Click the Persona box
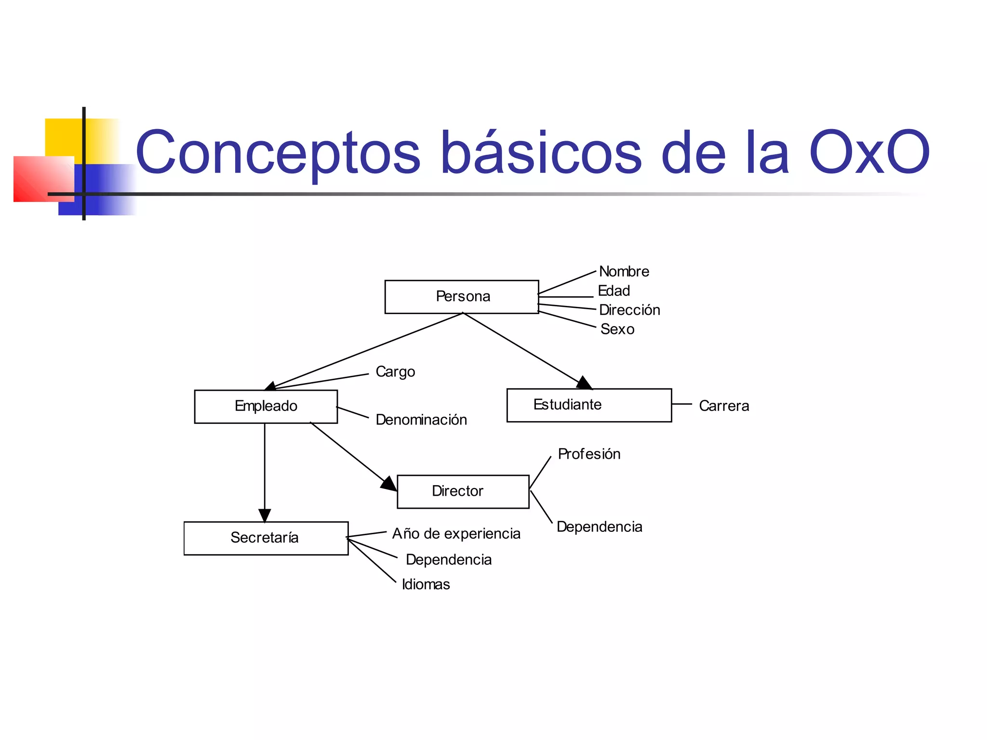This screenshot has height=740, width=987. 461,297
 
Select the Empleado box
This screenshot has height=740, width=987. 266,406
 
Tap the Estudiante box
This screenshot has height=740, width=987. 588,405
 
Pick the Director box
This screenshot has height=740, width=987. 463,491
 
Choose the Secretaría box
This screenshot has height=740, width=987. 266,538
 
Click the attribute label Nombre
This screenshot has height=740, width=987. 624,272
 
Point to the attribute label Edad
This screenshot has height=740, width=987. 614,291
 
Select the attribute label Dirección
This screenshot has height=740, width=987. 629,310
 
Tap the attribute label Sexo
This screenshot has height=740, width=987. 617,330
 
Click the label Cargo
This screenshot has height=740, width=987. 395,372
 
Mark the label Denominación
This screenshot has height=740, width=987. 421,420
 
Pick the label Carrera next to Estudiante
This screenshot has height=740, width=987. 723,406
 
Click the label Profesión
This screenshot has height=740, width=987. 588,454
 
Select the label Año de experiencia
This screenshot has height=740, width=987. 456,534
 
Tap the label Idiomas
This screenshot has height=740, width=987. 426,584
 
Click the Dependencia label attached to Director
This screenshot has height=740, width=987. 599,527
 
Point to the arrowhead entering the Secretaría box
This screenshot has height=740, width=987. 265,515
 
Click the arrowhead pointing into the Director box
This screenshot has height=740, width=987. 389,484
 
